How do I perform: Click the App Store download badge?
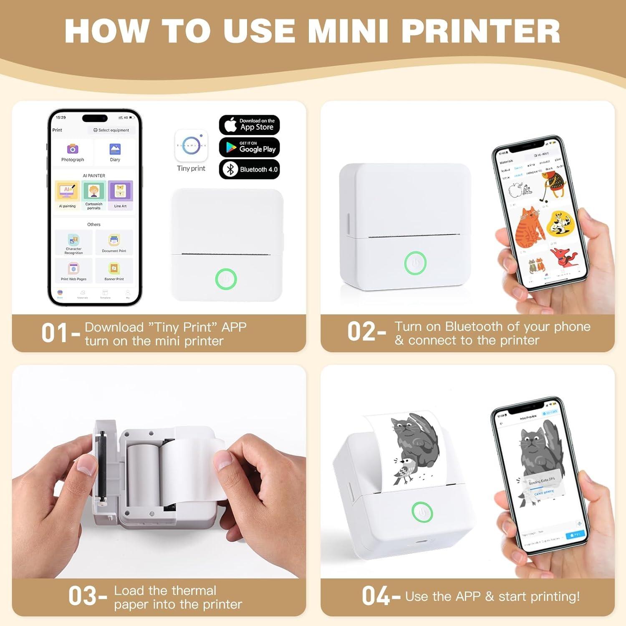click(x=249, y=125)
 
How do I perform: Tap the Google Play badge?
click(x=249, y=147)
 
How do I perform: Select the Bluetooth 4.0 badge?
click(x=249, y=169)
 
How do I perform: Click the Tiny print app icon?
click(x=191, y=146)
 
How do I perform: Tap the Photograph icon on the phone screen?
click(x=73, y=149)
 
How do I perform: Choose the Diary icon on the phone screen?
click(x=115, y=149)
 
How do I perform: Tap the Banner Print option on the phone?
click(x=114, y=269)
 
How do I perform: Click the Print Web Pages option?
click(x=73, y=269)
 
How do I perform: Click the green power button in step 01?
click(x=226, y=279)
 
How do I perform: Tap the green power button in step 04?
click(x=422, y=512)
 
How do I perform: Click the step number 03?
click(x=83, y=596)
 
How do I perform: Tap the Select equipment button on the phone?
click(x=111, y=130)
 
